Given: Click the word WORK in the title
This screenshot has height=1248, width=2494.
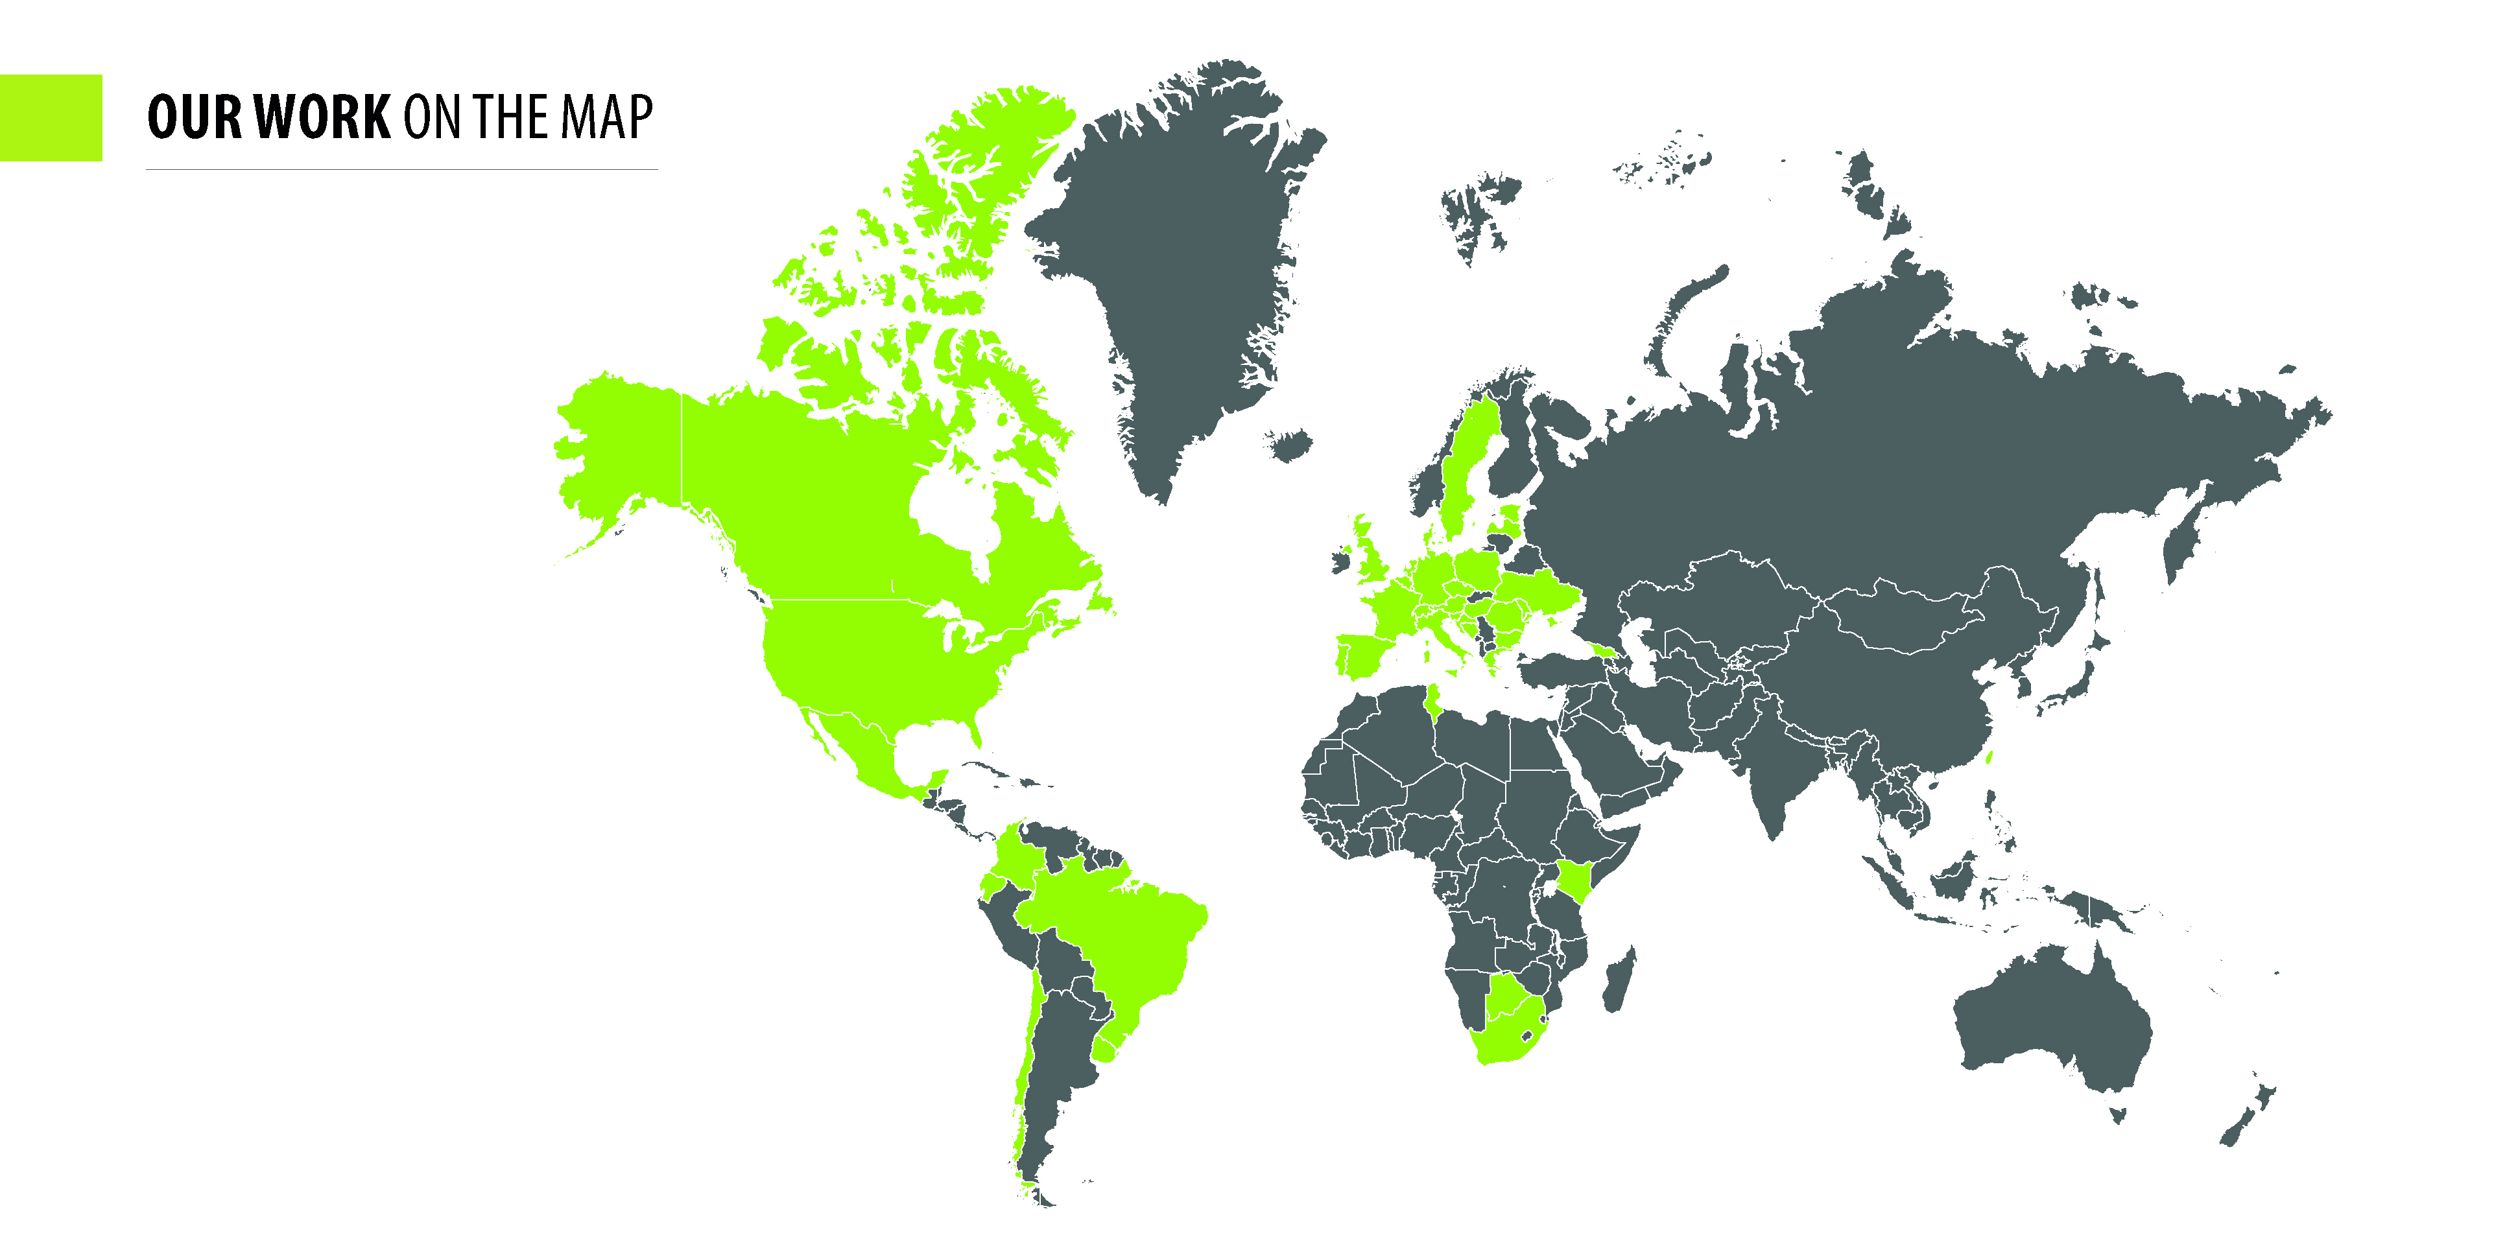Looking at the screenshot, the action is tap(324, 117).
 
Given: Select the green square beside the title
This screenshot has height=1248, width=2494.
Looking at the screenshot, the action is tap(51, 117).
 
